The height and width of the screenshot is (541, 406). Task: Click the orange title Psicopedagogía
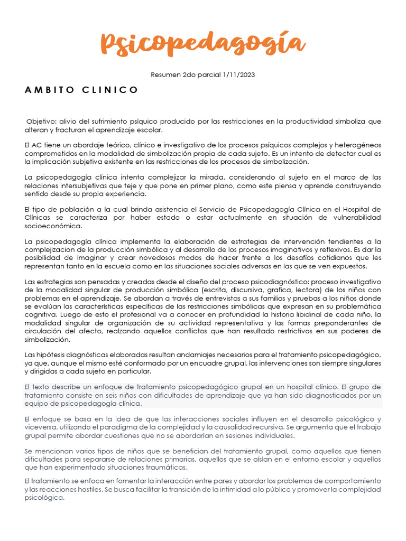click(202, 43)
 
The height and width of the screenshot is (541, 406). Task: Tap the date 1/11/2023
click(238, 74)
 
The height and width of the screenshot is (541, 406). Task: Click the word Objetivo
click(42, 122)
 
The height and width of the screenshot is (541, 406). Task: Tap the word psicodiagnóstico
click(283, 282)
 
